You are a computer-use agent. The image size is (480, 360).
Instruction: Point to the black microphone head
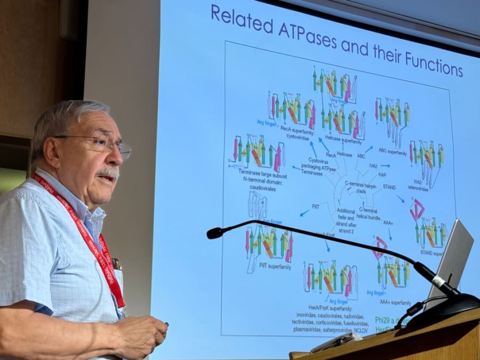215,233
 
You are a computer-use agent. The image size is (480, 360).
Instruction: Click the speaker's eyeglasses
101,145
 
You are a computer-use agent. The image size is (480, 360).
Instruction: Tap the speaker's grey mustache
108,173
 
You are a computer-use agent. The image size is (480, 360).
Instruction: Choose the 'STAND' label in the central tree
389,187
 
